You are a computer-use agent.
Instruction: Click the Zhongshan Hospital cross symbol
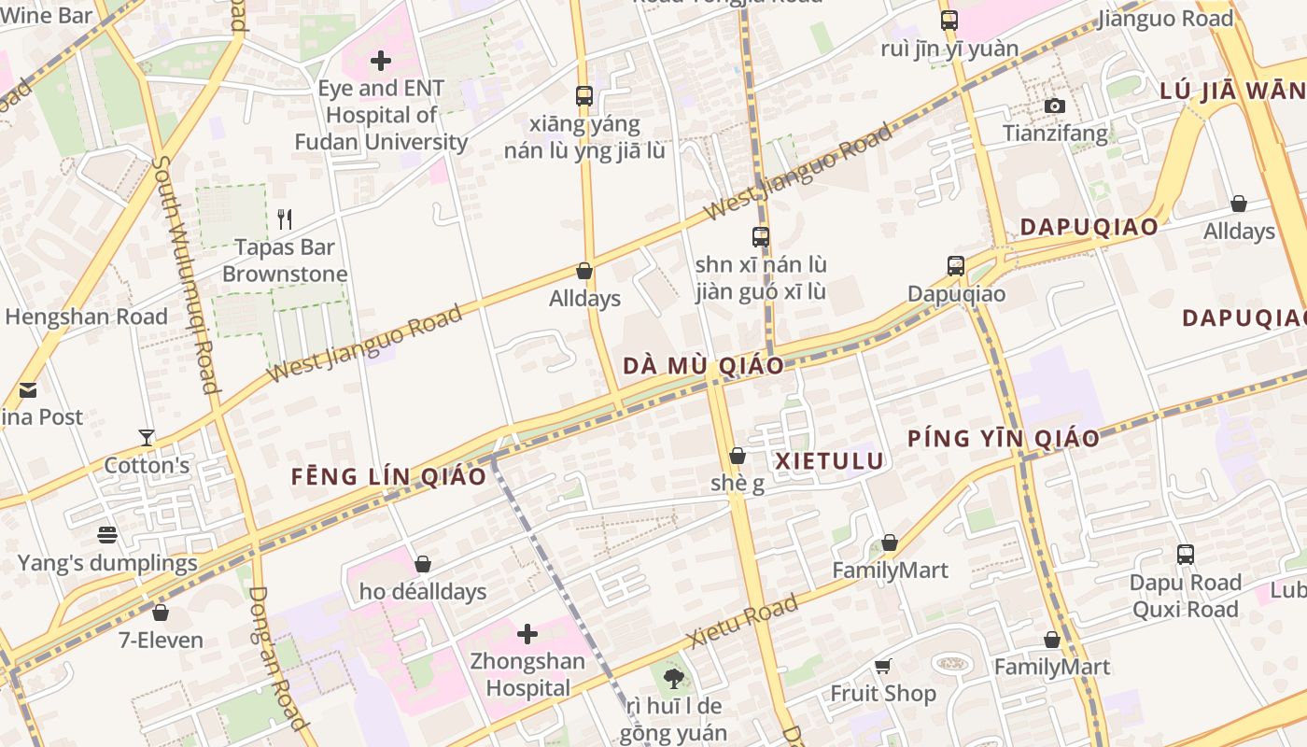point(527,635)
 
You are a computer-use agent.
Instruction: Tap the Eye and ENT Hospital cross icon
point(381,62)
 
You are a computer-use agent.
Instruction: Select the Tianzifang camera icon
point(1055,106)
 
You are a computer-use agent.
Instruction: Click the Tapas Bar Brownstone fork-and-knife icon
point(285,219)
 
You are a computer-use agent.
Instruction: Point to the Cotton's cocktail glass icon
point(147,437)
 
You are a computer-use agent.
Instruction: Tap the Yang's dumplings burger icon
point(107,535)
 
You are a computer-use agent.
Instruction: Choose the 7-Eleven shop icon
point(161,613)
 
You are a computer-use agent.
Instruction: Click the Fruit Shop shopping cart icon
point(882,666)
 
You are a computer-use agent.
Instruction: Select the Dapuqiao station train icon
point(956,266)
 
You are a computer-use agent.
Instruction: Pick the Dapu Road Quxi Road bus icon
point(1186,555)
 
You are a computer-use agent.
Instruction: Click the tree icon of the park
point(673,678)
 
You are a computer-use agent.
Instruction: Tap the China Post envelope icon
point(28,389)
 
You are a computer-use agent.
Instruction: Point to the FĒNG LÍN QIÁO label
point(388,476)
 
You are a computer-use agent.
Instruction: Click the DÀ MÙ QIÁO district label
point(703,365)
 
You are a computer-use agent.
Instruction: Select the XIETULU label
point(830,460)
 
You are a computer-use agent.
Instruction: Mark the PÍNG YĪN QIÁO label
point(1004,438)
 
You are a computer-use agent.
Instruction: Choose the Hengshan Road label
point(86,317)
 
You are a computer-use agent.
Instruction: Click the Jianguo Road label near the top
point(1166,19)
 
